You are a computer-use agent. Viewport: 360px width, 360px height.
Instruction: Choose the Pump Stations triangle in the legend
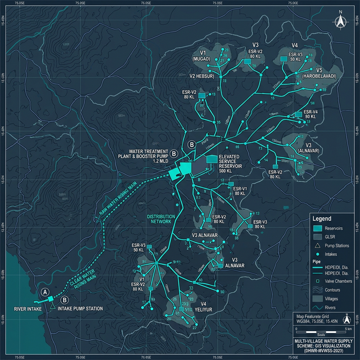317,245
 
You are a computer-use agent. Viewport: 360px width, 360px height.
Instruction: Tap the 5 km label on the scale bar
348,328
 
